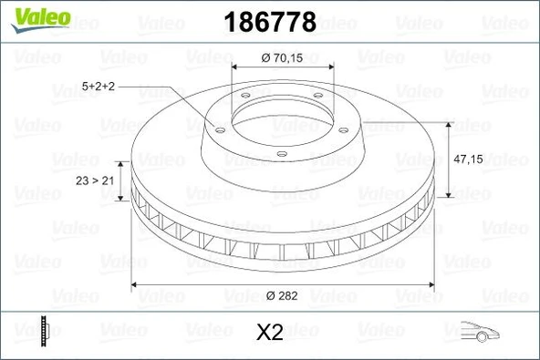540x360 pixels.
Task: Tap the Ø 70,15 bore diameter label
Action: (285, 57)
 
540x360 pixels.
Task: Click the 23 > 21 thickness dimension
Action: (95, 181)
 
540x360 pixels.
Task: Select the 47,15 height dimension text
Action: (468, 159)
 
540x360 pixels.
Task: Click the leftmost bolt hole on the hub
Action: (219, 129)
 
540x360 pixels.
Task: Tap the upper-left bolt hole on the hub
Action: (244, 98)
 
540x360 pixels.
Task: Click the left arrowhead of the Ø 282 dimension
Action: (137, 284)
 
